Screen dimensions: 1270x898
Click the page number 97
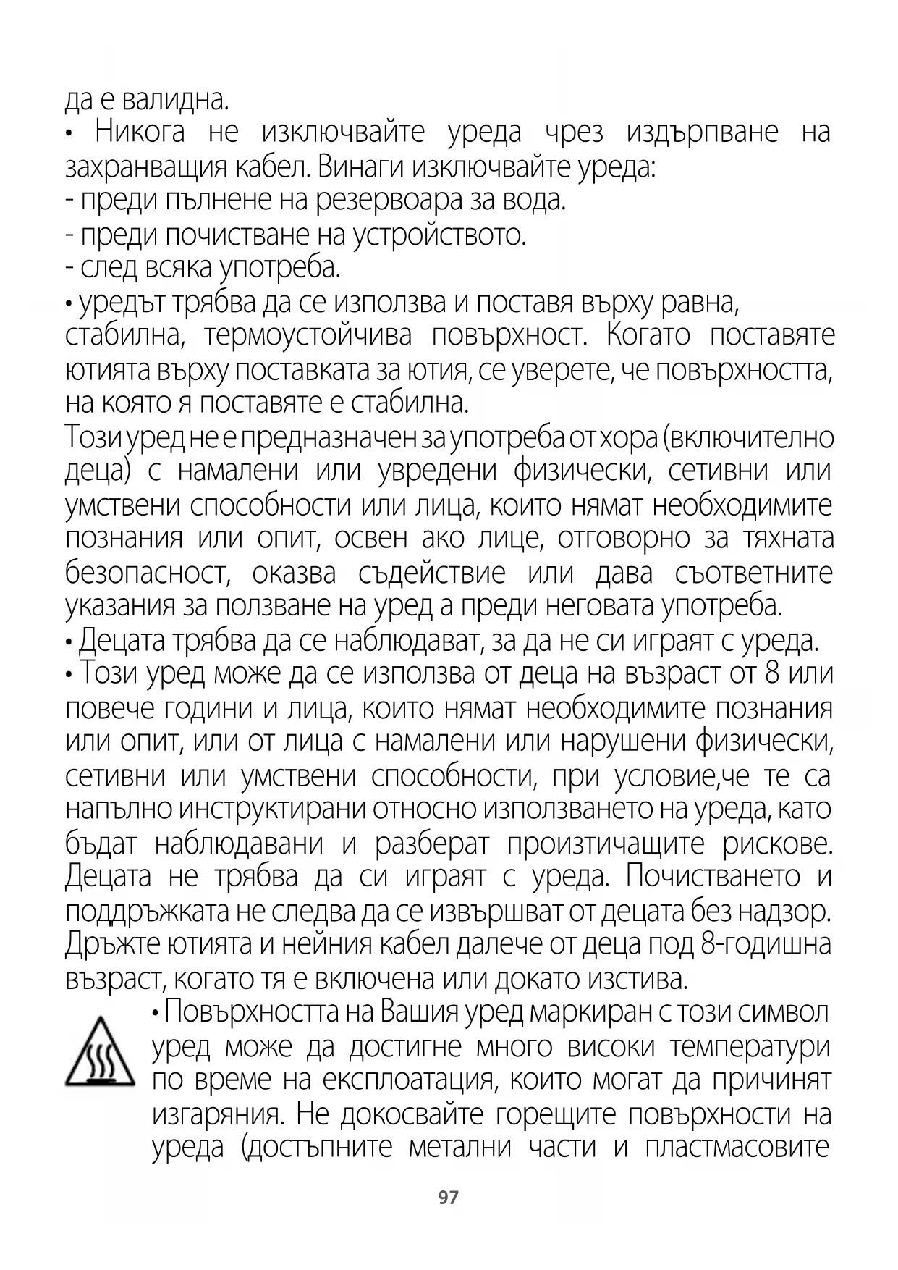tap(449, 1198)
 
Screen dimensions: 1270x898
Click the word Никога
tap(140, 133)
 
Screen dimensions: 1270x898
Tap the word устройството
tap(439, 235)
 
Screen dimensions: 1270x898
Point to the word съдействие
tap(432, 573)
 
